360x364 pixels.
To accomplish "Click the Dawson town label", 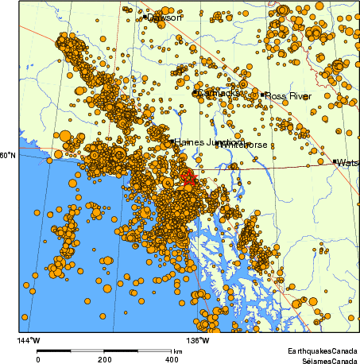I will pyautogui.click(x=165, y=17).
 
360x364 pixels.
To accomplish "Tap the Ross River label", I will pyautogui.click(x=288, y=96).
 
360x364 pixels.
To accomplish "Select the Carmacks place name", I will pyautogui.click(x=218, y=94).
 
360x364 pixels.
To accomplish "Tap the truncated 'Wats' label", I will pyautogui.click(x=348, y=163).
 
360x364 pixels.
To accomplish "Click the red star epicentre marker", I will pyautogui.click(x=188, y=176).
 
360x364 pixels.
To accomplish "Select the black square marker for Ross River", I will pyautogui.click(x=263, y=95).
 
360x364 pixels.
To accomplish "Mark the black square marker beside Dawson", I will pyautogui.click(x=145, y=17).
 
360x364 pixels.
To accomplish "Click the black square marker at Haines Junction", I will pyautogui.click(x=171, y=142).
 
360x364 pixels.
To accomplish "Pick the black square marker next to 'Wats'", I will pyautogui.click(x=335, y=162).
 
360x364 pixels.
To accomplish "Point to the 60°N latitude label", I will pyautogui.click(x=7, y=156).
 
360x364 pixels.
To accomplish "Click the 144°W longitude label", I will pyautogui.click(x=29, y=341).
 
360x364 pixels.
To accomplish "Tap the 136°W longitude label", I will pyautogui.click(x=199, y=341).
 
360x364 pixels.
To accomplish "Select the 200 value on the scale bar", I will pyautogui.click(x=105, y=359).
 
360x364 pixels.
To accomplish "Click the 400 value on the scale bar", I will pyautogui.click(x=171, y=359).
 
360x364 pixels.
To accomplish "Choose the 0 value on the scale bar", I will pyautogui.click(x=38, y=359).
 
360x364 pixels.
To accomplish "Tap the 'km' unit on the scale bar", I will pyautogui.click(x=178, y=350).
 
